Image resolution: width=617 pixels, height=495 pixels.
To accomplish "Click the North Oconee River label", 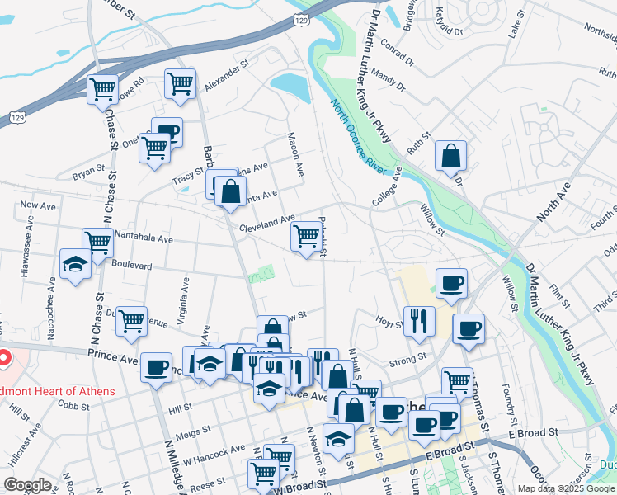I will coord(360,138).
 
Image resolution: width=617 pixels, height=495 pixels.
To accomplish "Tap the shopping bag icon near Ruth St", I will coord(451,155).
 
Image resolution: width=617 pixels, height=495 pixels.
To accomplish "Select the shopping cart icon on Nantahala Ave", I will coord(97,243).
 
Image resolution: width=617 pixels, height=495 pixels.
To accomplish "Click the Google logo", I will coord(28,484).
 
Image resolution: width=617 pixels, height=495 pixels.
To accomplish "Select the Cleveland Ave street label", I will coord(266,223).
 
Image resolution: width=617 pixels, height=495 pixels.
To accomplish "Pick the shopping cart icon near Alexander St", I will coord(179,83).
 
